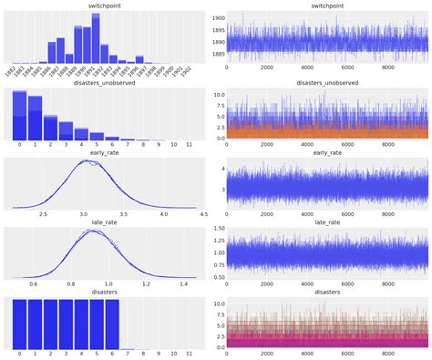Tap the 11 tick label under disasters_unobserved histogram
189,146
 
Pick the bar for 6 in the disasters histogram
113,324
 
